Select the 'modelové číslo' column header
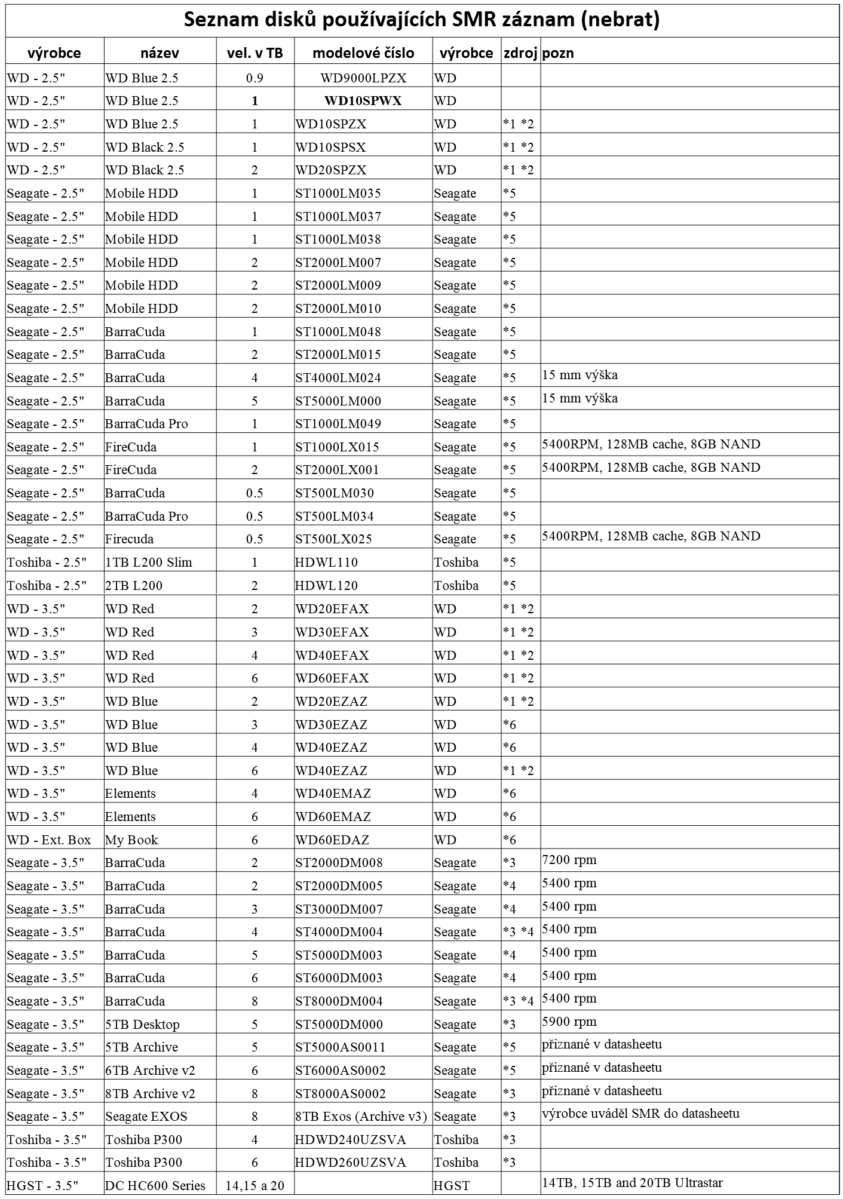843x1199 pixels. coord(363,53)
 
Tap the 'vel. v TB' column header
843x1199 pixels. coord(255,53)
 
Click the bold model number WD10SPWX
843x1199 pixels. coord(363,101)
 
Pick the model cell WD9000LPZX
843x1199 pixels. coord(363,78)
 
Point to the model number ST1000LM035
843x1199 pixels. coord(338,193)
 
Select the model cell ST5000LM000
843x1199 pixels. coord(338,401)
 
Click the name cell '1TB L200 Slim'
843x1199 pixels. coord(148,562)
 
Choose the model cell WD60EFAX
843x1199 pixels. coord(332,678)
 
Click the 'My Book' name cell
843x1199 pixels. coord(131,840)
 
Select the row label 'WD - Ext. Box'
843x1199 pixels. coord(49,840)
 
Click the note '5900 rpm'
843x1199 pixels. coord(569,1022)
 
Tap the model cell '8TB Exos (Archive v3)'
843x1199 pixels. coord(361,1117)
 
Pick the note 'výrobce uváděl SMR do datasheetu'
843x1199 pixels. coord(640,1114)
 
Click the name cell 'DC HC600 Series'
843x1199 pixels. coord(155,1186)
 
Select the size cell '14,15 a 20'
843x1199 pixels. coord(255,1186)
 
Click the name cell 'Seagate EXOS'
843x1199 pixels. coord(146,1117)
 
